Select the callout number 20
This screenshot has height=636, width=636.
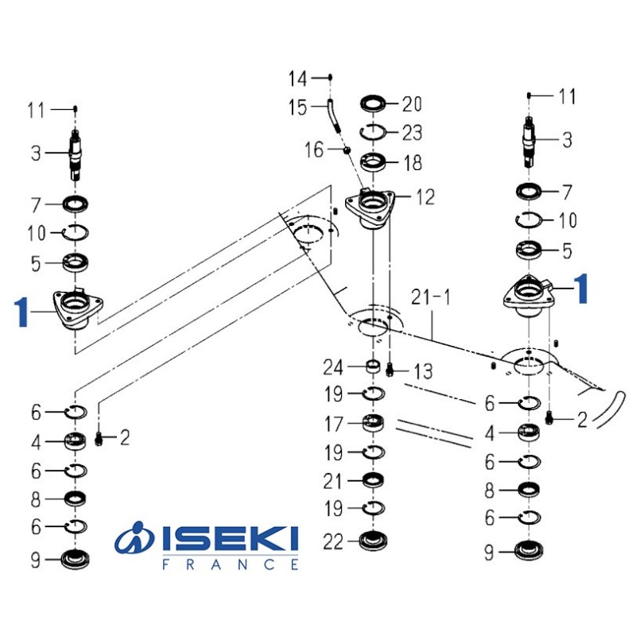[413, 104]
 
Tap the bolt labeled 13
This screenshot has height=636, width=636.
[390, 369]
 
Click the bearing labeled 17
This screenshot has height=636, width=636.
[373, 423]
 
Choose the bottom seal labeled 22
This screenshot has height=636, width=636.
[373, 542]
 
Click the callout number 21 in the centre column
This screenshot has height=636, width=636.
[333, 481]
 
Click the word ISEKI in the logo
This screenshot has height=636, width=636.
[231, 541]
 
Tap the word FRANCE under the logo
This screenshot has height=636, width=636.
[231, 564]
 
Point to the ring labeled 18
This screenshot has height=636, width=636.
[373, 162]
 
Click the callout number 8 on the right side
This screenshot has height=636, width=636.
[490, 491]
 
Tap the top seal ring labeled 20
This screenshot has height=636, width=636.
[373, 103]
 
